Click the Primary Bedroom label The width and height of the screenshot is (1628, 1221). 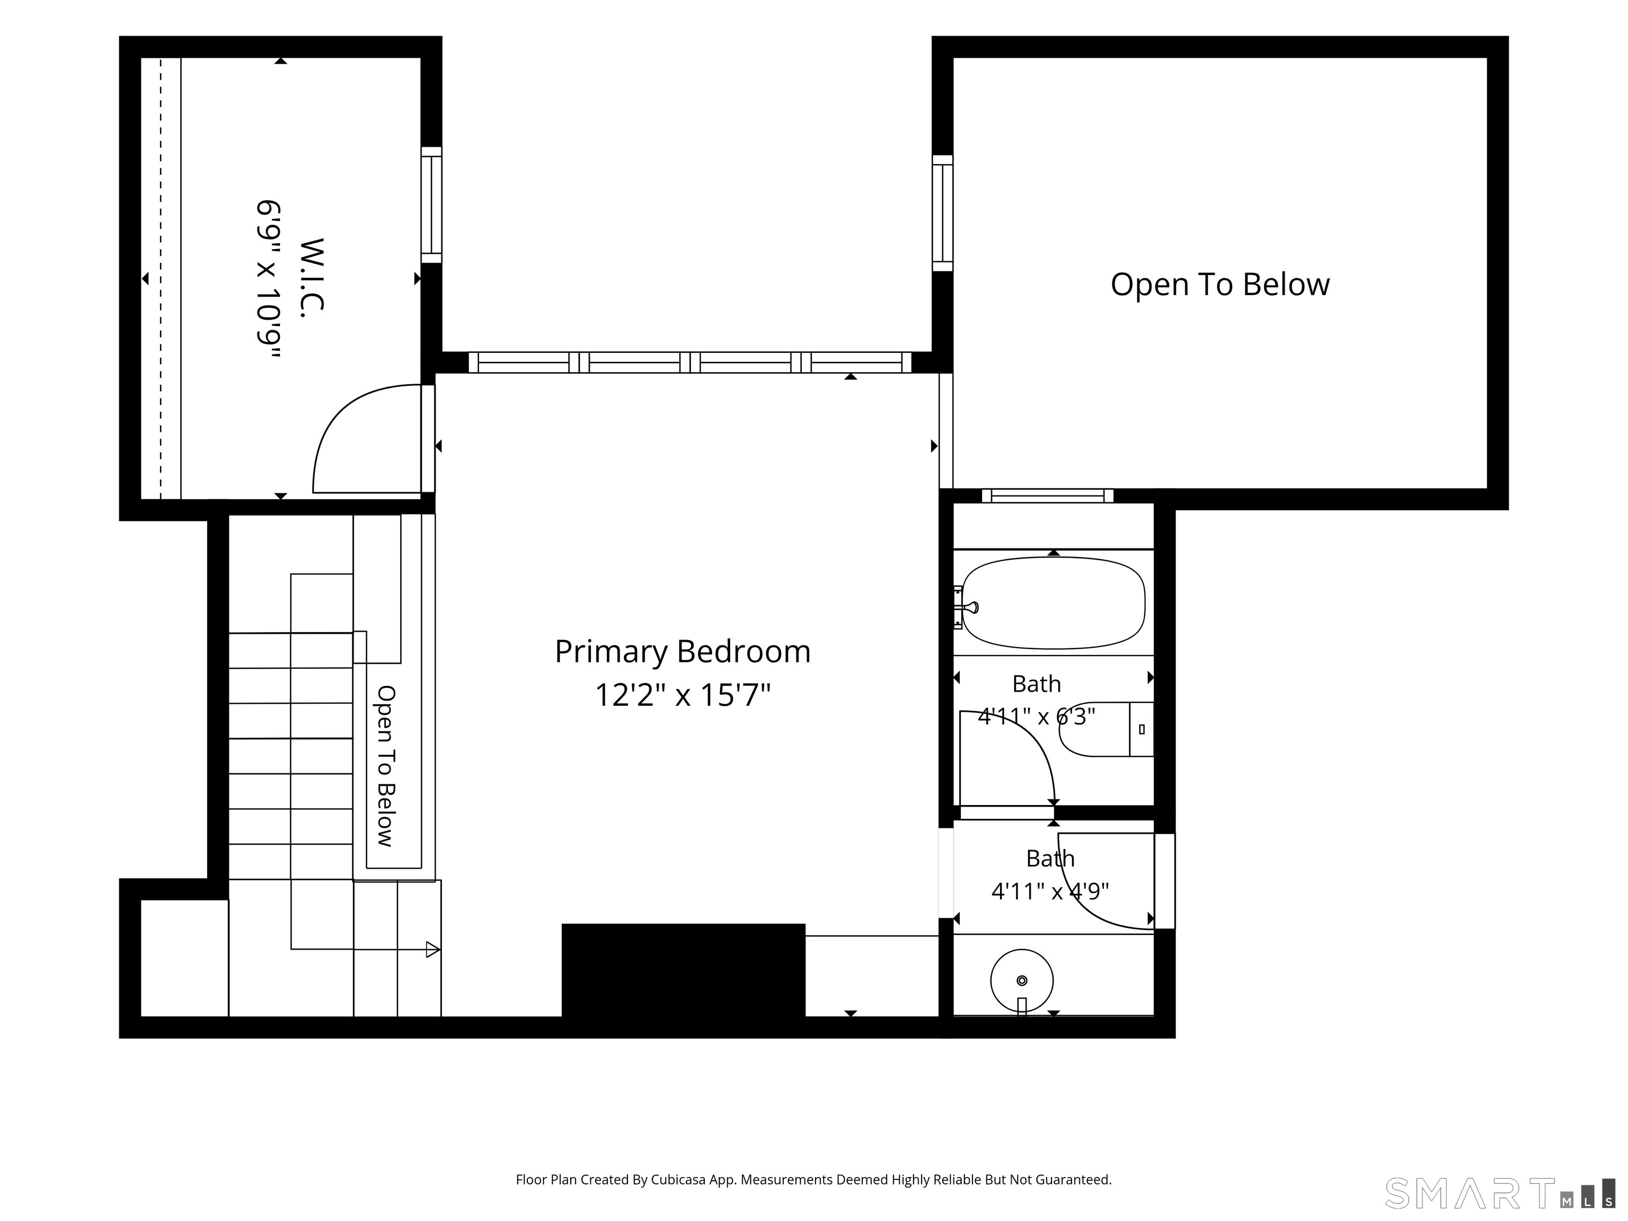[x=682, y=652]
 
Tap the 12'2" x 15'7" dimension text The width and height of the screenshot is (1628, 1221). [x=682, y=695]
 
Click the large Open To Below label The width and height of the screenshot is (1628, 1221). [x=1219, y=285]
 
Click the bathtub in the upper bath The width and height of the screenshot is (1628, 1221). [x=1053, y=603]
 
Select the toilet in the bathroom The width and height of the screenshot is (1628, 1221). [x=1105, y=729]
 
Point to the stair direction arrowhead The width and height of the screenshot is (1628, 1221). [x=433, y=950]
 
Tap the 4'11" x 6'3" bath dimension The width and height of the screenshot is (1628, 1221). [x=1036, y=716]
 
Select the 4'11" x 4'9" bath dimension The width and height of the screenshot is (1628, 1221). [x=1050, y=892]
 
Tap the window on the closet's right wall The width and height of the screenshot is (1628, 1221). [x=431, y=205]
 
